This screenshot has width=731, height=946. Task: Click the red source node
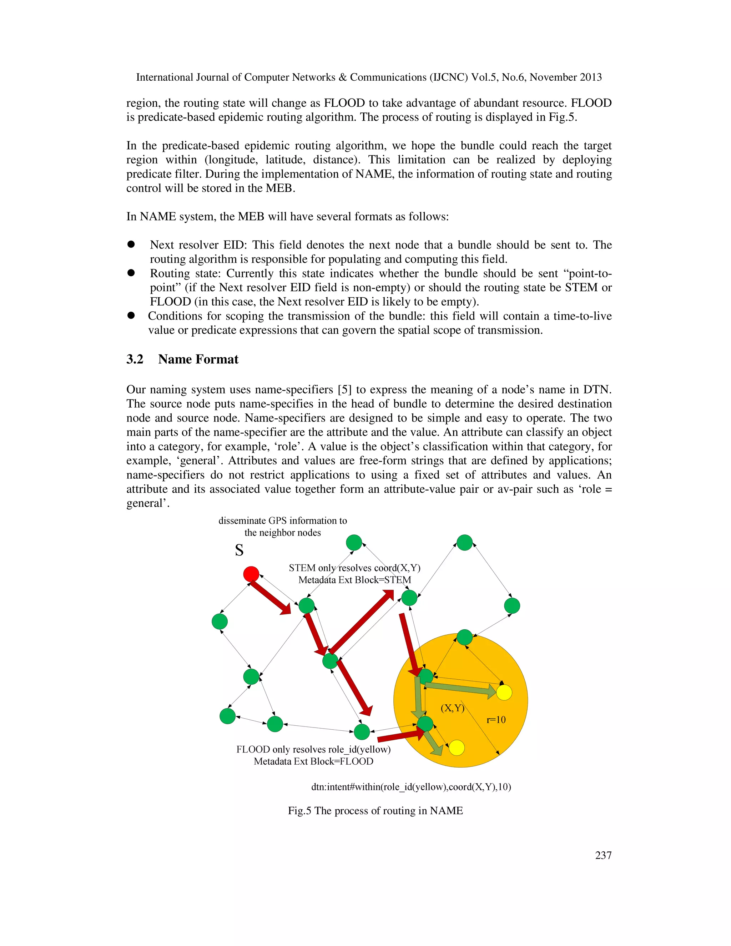click(x=251, y=574)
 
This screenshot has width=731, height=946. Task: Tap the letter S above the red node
click(x=239, y=550)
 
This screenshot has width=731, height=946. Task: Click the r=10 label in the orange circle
click(x=496, y=720)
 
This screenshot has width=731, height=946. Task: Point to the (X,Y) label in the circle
click(x=453, y=708)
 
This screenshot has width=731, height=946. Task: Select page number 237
click(x=603, y=855)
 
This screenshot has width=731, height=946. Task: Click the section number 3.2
click(x=135, y=359)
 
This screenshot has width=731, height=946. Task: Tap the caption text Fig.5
click(x=300, y=810)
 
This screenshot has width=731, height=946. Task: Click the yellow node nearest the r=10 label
click(x=504, y=692)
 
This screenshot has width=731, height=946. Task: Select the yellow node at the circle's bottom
click(x=457, y=748)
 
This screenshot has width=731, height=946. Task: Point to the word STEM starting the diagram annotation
click(x=302, y=568)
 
